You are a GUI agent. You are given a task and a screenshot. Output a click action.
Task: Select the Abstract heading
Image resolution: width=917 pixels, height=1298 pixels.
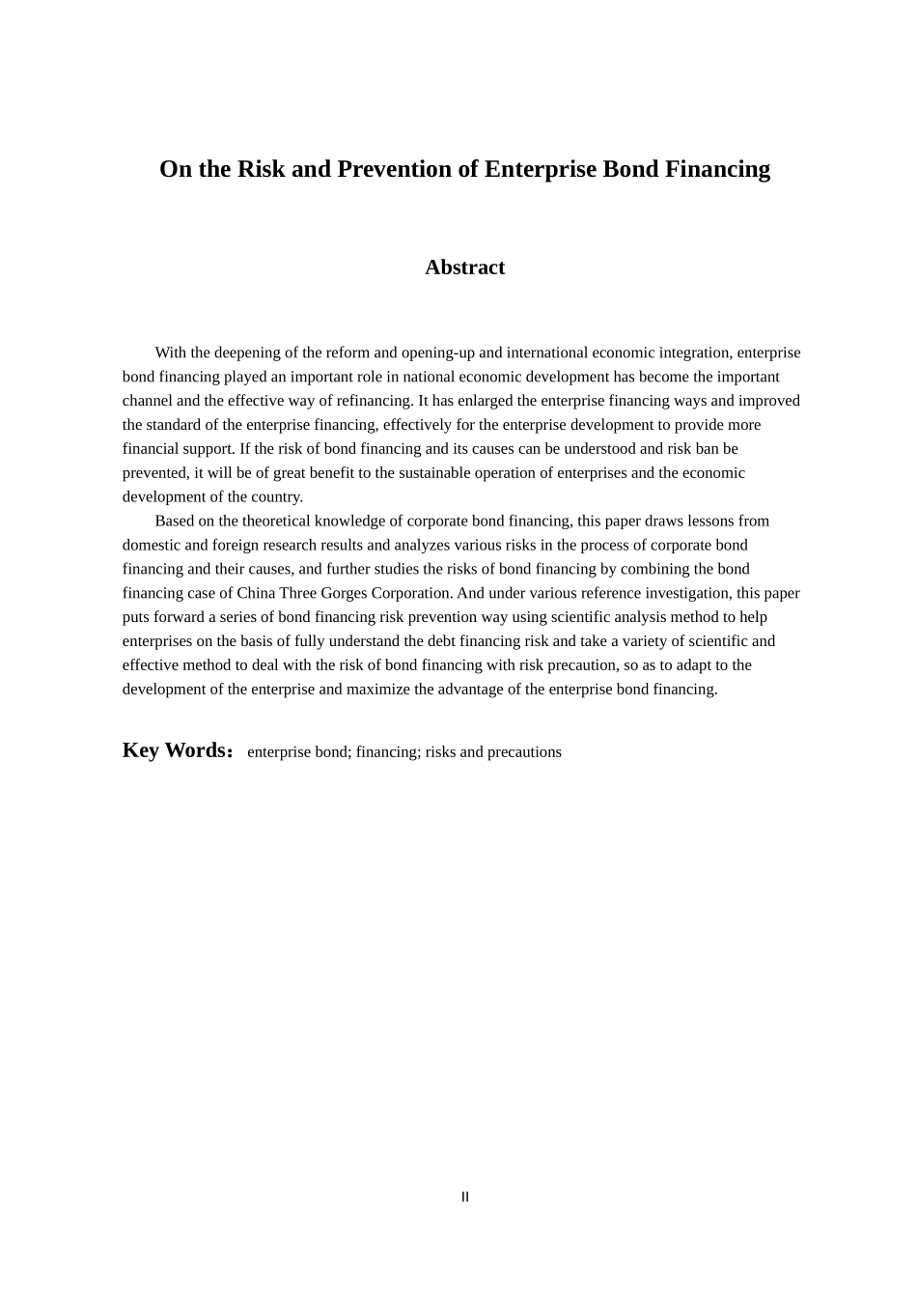pos(464,268)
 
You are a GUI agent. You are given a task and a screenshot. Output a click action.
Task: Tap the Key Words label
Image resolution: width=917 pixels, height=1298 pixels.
pos(175,750)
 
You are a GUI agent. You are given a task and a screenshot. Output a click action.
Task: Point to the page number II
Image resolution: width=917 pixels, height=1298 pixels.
pos(464,1197)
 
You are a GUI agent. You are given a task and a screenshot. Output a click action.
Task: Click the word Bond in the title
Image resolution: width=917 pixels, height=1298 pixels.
pos(628,170)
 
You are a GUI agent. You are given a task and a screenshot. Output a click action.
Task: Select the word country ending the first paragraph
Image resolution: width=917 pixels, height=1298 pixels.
pos(278,497)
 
